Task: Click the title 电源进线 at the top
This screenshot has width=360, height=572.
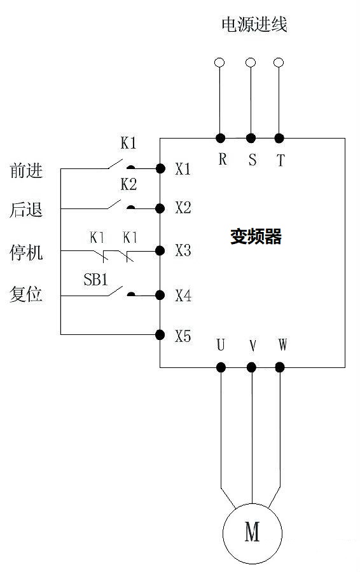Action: pyautogui.click(x=254, y=25)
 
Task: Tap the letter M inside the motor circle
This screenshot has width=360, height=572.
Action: pyautogui.click(x=253, y=531)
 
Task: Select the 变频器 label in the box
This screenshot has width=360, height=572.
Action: pyautogui.click(x=256, y=237)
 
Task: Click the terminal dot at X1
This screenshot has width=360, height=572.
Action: pyautogui.click(x=160, y=168)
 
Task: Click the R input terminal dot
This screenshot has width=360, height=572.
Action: pyautogui.click(x=221, y=138)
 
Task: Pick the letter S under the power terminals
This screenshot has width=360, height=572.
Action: pyautogui.click(x=252, y=160)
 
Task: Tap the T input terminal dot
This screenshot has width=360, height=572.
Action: pyautogui.click(x=279, y=138)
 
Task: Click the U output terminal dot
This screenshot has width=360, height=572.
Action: pyautogui.click(x=221, y=367)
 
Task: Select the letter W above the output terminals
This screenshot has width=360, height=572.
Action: pyautogui.click(x=282, y=345)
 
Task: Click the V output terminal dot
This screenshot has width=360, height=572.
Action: pyautogui.click(x=252, y=367)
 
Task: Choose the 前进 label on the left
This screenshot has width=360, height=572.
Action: pyautogui.click(x=26, y=170)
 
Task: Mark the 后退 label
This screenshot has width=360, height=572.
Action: pyautogui.click(x=26, y=210)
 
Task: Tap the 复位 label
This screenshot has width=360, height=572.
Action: pyautogui.click(x=26, y=294)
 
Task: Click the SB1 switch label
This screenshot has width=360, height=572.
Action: pyautogui.click(x=95, y=279)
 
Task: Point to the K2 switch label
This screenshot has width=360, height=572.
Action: pyautogui.click(x=128, y=184)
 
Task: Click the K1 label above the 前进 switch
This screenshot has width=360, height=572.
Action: pyautogui.click(x=128, y=144)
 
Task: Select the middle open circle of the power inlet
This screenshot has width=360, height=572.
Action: pyautogui.click(x=251, y=62)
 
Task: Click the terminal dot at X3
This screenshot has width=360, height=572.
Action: pyautogui.click(x=160, y=250)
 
